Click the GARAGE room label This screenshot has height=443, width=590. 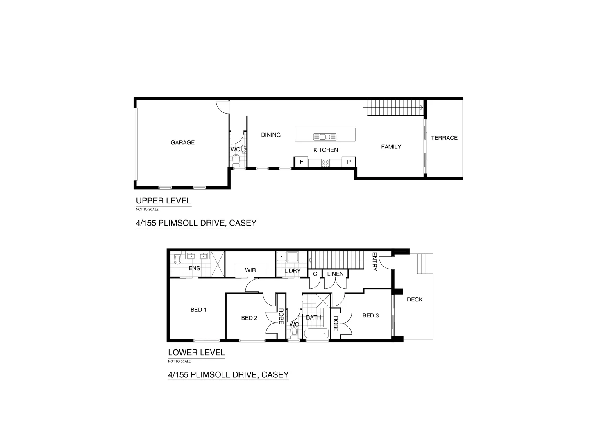click(183, 143)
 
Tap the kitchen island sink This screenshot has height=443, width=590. click(325, 137)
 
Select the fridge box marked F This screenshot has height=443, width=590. click(301, 162)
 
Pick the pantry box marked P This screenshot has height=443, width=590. click(349, 162)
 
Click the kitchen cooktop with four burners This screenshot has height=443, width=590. click(326, 163)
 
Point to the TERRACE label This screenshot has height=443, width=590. click(444, 138)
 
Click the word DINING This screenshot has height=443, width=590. click(271, 135)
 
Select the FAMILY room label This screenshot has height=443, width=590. click(391, 147)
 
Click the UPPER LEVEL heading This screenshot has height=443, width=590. click(163, 201)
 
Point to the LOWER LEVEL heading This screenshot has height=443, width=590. click(196, 352)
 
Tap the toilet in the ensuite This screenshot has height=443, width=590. click(177, 259)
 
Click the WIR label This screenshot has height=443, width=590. click(250, 270)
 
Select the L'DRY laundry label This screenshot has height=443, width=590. click(293, 271)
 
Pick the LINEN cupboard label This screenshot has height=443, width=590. click(336, 274)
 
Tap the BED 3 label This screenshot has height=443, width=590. click(370, 316)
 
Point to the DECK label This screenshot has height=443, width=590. click(415, 300)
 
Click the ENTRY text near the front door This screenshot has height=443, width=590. click(374, 262)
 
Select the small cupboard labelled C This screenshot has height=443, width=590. click(315, 274)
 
